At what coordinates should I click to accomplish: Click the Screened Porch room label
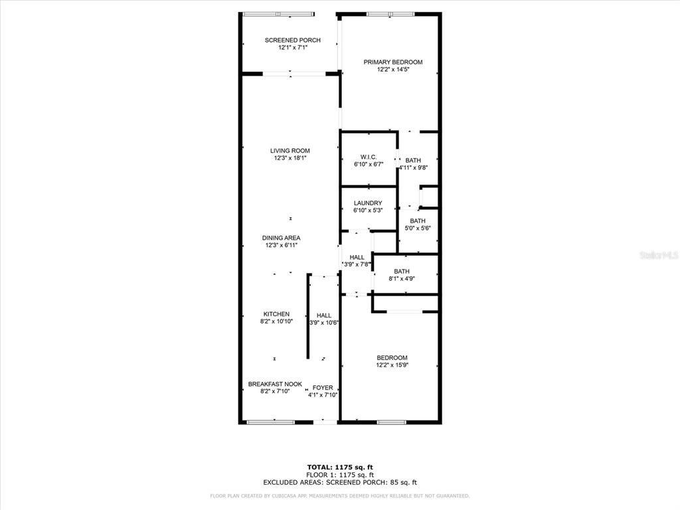pos(290,41)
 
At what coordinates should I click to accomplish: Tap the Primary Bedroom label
pos(392,62)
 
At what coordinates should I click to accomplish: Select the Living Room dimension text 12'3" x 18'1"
pos(290,158)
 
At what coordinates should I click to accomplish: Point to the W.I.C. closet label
pos(369,157)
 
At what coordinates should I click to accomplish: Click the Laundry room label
pos(367,203)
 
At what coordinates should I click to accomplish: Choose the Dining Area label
pos(281,238)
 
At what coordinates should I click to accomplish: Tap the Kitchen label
pos(276,314)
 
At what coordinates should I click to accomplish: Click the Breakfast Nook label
pos(275,384)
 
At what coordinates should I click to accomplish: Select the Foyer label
pos(323,388)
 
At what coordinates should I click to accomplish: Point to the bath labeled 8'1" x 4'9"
pos(401,271)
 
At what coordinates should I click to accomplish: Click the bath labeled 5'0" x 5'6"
pos(418,221)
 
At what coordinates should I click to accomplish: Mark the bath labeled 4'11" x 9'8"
pos(413,161)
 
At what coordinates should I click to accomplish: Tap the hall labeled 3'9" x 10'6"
pos(324,315)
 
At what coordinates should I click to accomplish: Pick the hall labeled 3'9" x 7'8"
pos(357,258)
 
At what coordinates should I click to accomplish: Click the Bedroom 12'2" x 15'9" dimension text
pos(392,365)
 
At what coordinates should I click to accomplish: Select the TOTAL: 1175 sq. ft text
pos(339,467)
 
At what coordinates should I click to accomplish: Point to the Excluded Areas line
pos(339,483)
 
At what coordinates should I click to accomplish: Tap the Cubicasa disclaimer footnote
pos(339,495)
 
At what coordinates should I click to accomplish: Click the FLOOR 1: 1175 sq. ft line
pos(339,475)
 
